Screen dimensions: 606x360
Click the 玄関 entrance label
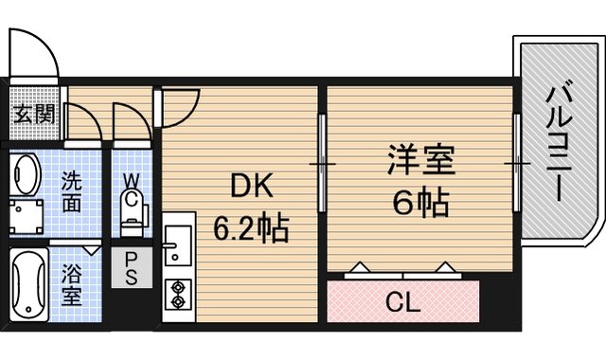pos(34,114)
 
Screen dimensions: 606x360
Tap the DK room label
pos(252,186)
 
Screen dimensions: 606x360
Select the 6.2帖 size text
pos(251,228)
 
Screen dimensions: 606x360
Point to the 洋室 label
pos(420,159)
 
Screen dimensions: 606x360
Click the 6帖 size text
pos(420,202)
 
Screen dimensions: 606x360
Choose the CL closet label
pos(402,302)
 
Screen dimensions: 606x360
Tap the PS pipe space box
pos(132,267)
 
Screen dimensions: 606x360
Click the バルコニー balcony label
pos(559,143)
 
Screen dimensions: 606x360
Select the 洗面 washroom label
pos(72,191)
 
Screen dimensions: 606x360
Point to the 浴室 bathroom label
pos(72,284)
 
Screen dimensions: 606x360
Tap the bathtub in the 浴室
pos(27,286)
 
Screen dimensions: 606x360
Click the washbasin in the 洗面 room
pos(26,174)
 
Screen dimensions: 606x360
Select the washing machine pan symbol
pos(26,217)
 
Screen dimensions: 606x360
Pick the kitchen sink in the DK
pos(178,245)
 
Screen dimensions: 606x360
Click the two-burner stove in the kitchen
pos(178,295)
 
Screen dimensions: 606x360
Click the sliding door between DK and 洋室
pos(321,164)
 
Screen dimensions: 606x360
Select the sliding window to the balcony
pos(516,163)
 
